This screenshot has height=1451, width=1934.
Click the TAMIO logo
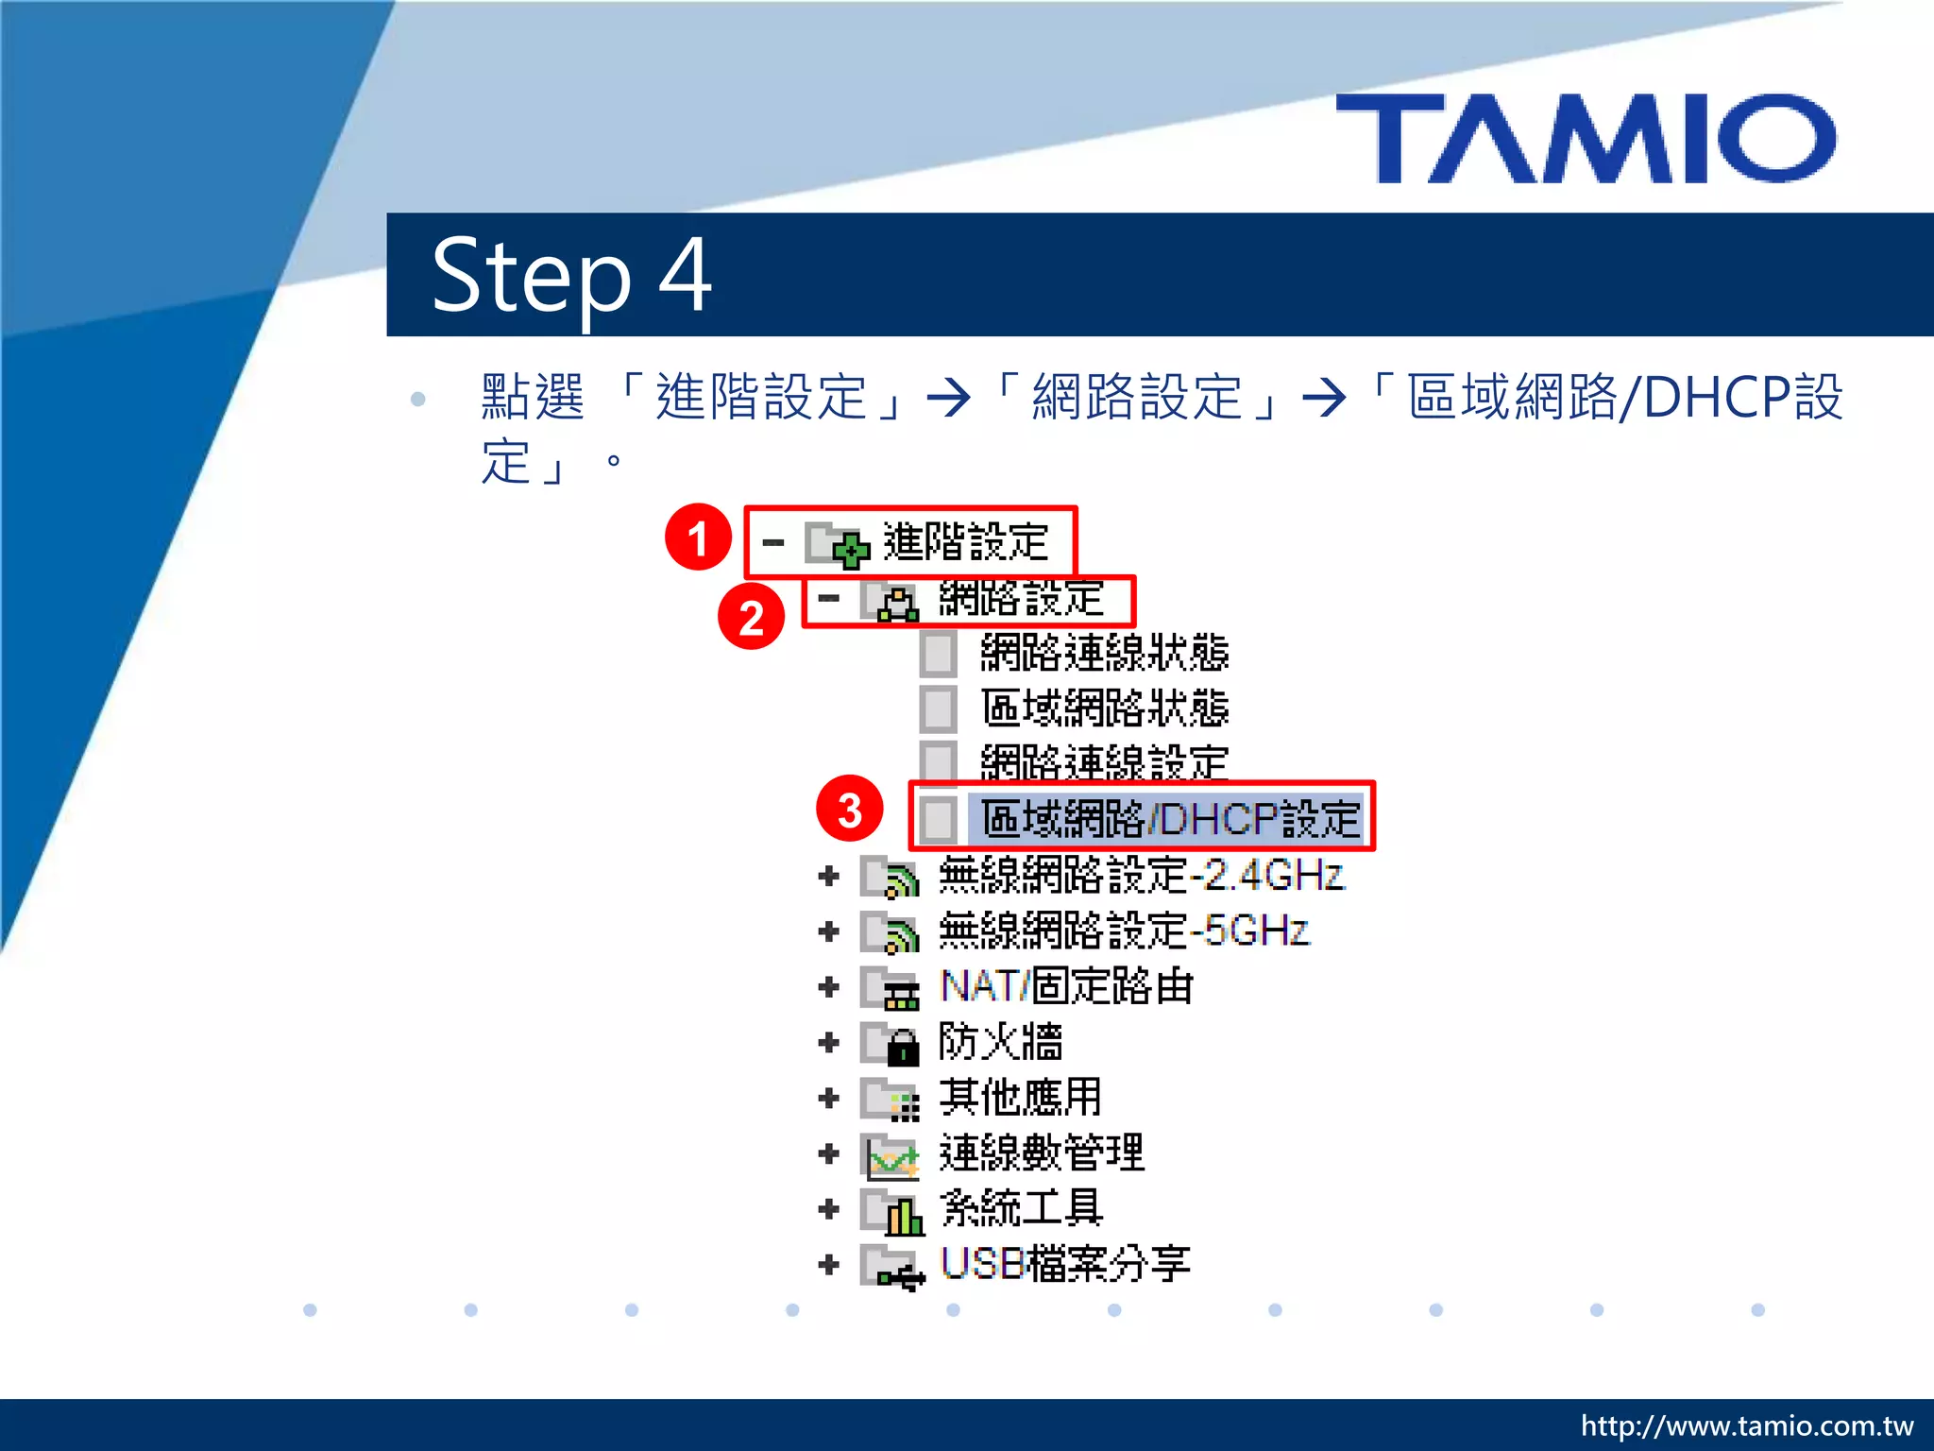tap(1586, 138)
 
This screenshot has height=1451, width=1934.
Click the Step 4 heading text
tap(571, 275)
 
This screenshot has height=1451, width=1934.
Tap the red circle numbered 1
tap(698, 538)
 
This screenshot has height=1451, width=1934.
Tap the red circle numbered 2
tap(751, 618)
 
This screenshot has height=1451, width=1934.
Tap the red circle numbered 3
tap(850, 810)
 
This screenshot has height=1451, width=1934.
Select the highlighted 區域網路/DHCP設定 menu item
tap(1169, 818)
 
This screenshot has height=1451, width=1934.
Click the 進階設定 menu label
tap(965, 542)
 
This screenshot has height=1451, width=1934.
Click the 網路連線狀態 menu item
tap(1104, 653)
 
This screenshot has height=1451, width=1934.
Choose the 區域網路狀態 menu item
tap(1104, 708)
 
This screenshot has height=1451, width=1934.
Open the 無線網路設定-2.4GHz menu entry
tap(1141, 876)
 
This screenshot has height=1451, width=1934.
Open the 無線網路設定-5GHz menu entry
tap(1124, 931)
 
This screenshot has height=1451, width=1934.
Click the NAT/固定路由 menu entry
tap(1067, 986)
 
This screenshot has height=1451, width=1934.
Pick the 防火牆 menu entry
tap(1000, 1042)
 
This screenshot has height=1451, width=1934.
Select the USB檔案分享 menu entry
tap(1065, 1264)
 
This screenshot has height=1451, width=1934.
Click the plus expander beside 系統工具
tap(829, 1209)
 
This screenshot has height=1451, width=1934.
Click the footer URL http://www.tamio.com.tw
tap(1746, 1425)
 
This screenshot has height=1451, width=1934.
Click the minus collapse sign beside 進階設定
tap(773, 543)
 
